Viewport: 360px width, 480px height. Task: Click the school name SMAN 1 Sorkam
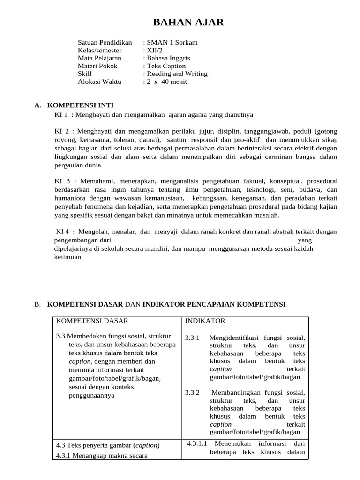[172, 42]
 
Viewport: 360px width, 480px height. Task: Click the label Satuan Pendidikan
[105, 42]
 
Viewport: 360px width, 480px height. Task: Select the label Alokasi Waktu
[99, 82]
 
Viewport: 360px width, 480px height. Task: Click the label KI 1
[61, 115]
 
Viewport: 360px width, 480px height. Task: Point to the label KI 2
[62, 131]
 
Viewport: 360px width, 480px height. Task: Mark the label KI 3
[62, 181]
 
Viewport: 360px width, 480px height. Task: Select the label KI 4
[63, 232]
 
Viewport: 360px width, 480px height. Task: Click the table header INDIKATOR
[205, 321]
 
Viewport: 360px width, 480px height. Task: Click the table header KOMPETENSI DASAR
[92, 321]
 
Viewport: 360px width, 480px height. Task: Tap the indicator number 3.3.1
[192, 337]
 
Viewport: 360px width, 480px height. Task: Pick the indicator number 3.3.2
[192, 392]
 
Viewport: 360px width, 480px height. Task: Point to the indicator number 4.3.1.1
[197, 443]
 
